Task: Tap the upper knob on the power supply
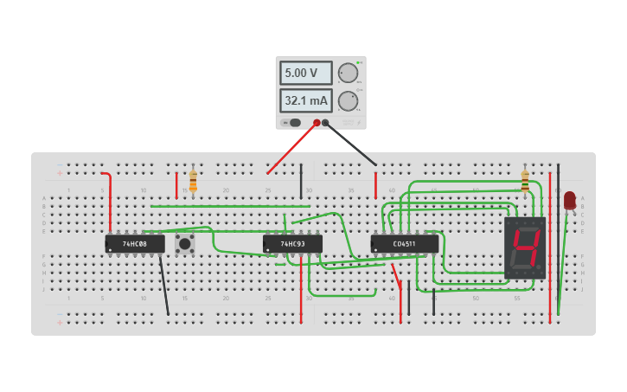click(348, 73)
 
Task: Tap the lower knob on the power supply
click(348, 101)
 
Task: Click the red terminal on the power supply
click(317, 123)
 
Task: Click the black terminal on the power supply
click(326, 123)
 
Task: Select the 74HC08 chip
click(135, 244)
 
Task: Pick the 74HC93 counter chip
click(292, 244)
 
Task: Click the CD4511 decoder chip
click(404, 244)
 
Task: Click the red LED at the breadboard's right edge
click(569, 200)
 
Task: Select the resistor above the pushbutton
click(193, 182)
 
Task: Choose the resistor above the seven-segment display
click(525, 181)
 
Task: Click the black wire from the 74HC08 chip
click(163, 286)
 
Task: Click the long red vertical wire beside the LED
click(550, 251)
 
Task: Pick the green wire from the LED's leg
click(563, 260)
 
